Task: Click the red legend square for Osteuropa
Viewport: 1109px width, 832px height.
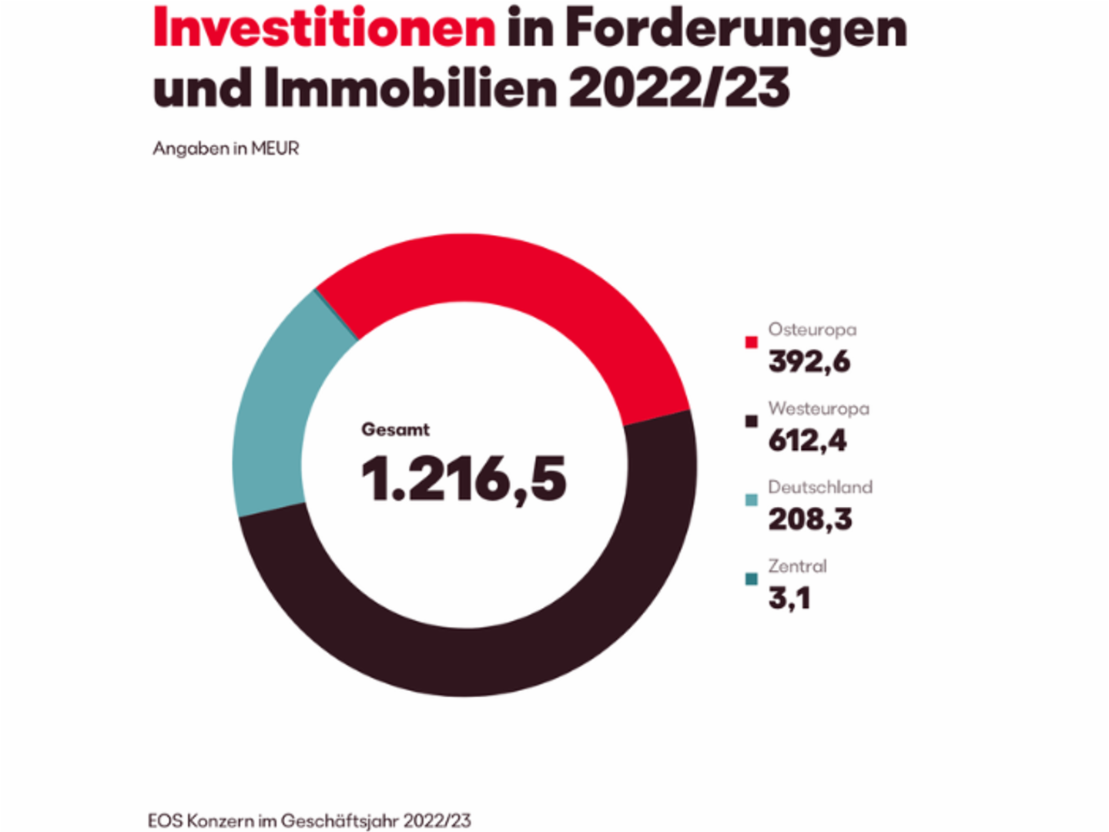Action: pyautogui.click(x=752, y=342)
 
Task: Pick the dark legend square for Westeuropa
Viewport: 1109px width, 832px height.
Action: pyautogui.click(x=752, y=421)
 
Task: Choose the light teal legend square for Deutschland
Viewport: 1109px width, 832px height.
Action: pyautogui.click(x=752, y=500)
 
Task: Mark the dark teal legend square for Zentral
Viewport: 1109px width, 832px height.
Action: pyautogui.click(x=752, y=579)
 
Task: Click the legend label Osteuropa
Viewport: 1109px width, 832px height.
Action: pyautogui.click(x=812, y=330)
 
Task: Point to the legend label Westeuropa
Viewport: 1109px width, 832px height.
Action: pyautogui.click(x=819, y=408)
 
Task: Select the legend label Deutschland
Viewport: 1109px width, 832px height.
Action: pyautogui.click(x=820, y=487)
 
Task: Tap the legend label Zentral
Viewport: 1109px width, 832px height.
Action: pyautogui.click(x=797, y=566)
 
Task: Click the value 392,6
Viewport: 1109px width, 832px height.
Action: pyautogui.click(x=809, y=362)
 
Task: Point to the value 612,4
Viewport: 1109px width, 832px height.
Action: pyautogui.click(x=807, y=441)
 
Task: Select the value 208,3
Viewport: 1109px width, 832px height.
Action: pyautogui.click(x=810, y=519)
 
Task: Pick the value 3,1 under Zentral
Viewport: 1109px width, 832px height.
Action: pyautogui.click(x=789, y=599)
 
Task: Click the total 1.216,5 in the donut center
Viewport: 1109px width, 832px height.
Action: pyautogui.click(x=464, y=479)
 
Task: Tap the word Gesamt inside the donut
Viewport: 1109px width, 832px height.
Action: pyautogui.click(x=395, y=430)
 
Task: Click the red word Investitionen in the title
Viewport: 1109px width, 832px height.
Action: pyautogui.click(x=324, y=29)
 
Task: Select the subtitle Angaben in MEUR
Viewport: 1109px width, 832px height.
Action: pyautogui.click(x=226, y=149)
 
